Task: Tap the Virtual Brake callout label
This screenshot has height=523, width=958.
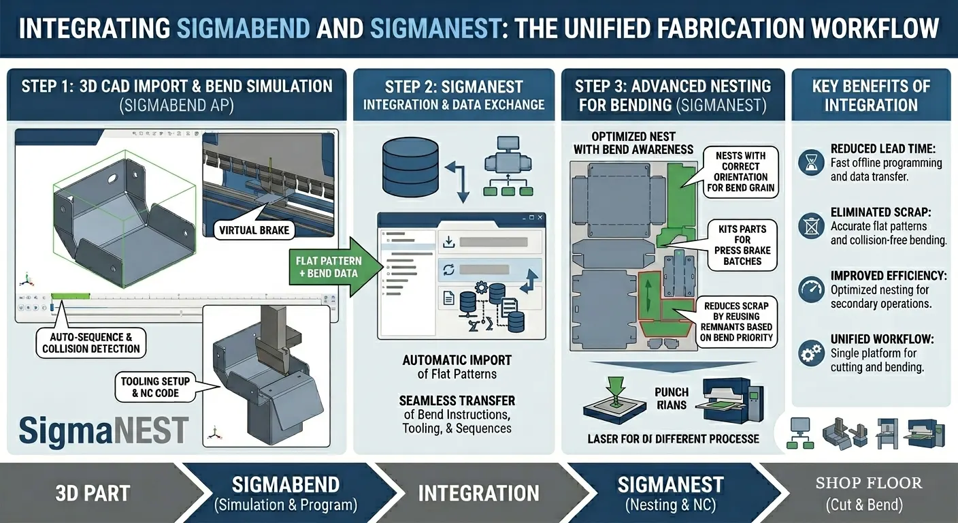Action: coord(254,230)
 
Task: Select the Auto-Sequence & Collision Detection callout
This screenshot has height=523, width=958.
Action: coord(90,343)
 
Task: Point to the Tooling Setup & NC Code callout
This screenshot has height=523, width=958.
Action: coord(155,387)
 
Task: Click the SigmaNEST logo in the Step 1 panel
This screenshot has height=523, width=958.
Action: coord(103,430)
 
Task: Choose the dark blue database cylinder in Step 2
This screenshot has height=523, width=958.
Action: coord(410,166)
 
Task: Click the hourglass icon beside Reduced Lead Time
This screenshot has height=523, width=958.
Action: coord(811,163)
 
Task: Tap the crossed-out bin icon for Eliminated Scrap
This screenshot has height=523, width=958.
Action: coord(811,226)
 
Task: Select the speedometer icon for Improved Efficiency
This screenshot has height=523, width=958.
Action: coord(811,289)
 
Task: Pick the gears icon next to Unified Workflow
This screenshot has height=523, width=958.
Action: coord(811,353)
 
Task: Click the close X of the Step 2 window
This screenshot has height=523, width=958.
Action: coord(540,217)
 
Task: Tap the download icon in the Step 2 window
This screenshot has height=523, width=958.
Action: coord(448,242)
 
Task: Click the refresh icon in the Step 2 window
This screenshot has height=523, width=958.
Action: coord(448,270)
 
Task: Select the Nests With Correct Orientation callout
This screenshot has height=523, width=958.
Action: coord(741,172)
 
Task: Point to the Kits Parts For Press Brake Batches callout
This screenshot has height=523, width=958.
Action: coord(742,245)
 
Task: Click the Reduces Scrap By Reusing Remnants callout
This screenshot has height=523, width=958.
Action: coord(736,321)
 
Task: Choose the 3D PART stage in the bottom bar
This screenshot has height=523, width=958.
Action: coord(93,493)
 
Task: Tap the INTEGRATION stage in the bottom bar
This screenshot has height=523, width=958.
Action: coord(478,493)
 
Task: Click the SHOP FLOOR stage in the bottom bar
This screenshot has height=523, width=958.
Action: coord(869,493)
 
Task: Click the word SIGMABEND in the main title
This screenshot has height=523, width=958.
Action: coord(244,28)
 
